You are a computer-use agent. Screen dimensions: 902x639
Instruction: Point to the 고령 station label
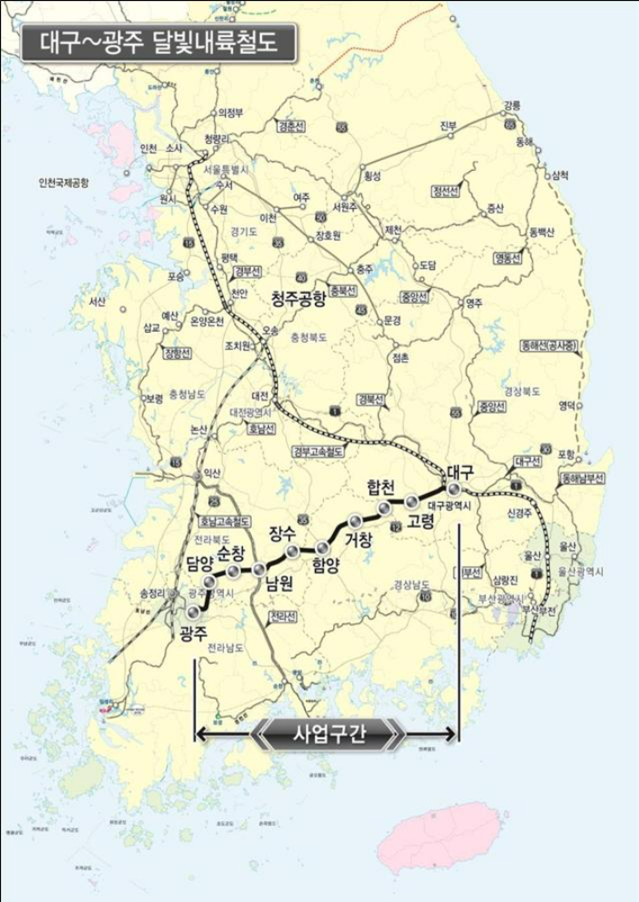[420, 521]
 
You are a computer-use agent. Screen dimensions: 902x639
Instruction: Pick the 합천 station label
[382, 487]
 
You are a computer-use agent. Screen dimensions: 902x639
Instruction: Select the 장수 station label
[283, 532]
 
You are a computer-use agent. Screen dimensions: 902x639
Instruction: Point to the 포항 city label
[567, 452]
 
